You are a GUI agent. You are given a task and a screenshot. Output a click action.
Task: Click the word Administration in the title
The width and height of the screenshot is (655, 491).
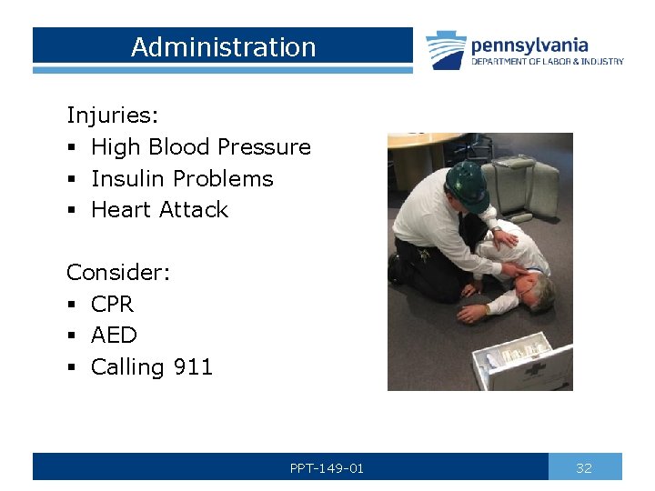pyautogui.click(x=223, y=47)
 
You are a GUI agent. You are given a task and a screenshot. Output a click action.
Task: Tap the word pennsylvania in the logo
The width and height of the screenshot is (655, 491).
pyautogui.click(x=529, y=45)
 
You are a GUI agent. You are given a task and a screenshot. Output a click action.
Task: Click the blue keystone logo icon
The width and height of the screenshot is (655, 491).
pyautogui.click(x=446, y=50)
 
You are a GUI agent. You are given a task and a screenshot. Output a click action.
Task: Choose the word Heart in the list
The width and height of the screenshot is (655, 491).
pyautogui.click(x=123, y=210)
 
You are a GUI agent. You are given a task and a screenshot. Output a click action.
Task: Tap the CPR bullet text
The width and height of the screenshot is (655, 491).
pyautogui.click(x=112, y=304)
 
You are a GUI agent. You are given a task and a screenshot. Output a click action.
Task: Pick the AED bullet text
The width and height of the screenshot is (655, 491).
pyautogui.click(x=114, y=336)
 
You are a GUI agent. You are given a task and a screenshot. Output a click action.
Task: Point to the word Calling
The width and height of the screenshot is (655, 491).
pyautogui.click(x=127, y=367)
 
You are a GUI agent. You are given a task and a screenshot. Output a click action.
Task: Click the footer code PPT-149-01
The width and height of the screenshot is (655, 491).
pyautogui.click(x=327, y=468)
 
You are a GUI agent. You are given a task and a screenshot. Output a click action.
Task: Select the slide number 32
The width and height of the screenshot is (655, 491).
pyautogui.click(x=584, y=468)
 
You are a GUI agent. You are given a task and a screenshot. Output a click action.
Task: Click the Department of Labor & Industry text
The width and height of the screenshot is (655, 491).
pyautogui.click(x=547, y=62)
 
